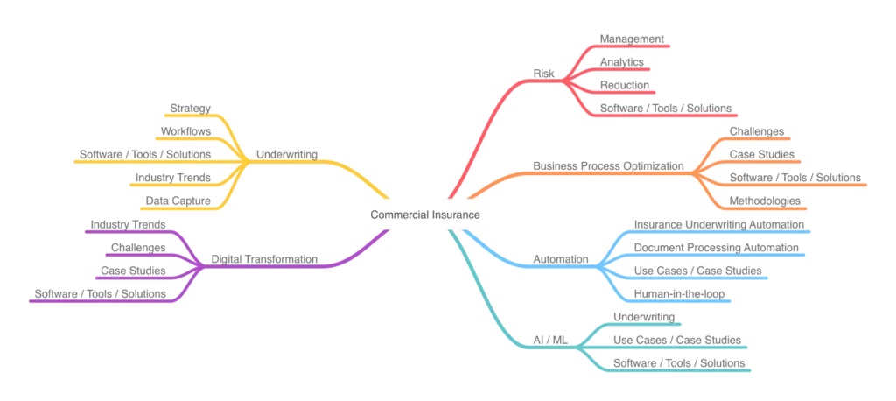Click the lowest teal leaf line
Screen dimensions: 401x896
678,375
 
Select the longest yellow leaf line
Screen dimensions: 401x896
144,163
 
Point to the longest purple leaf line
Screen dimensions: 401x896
105,303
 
